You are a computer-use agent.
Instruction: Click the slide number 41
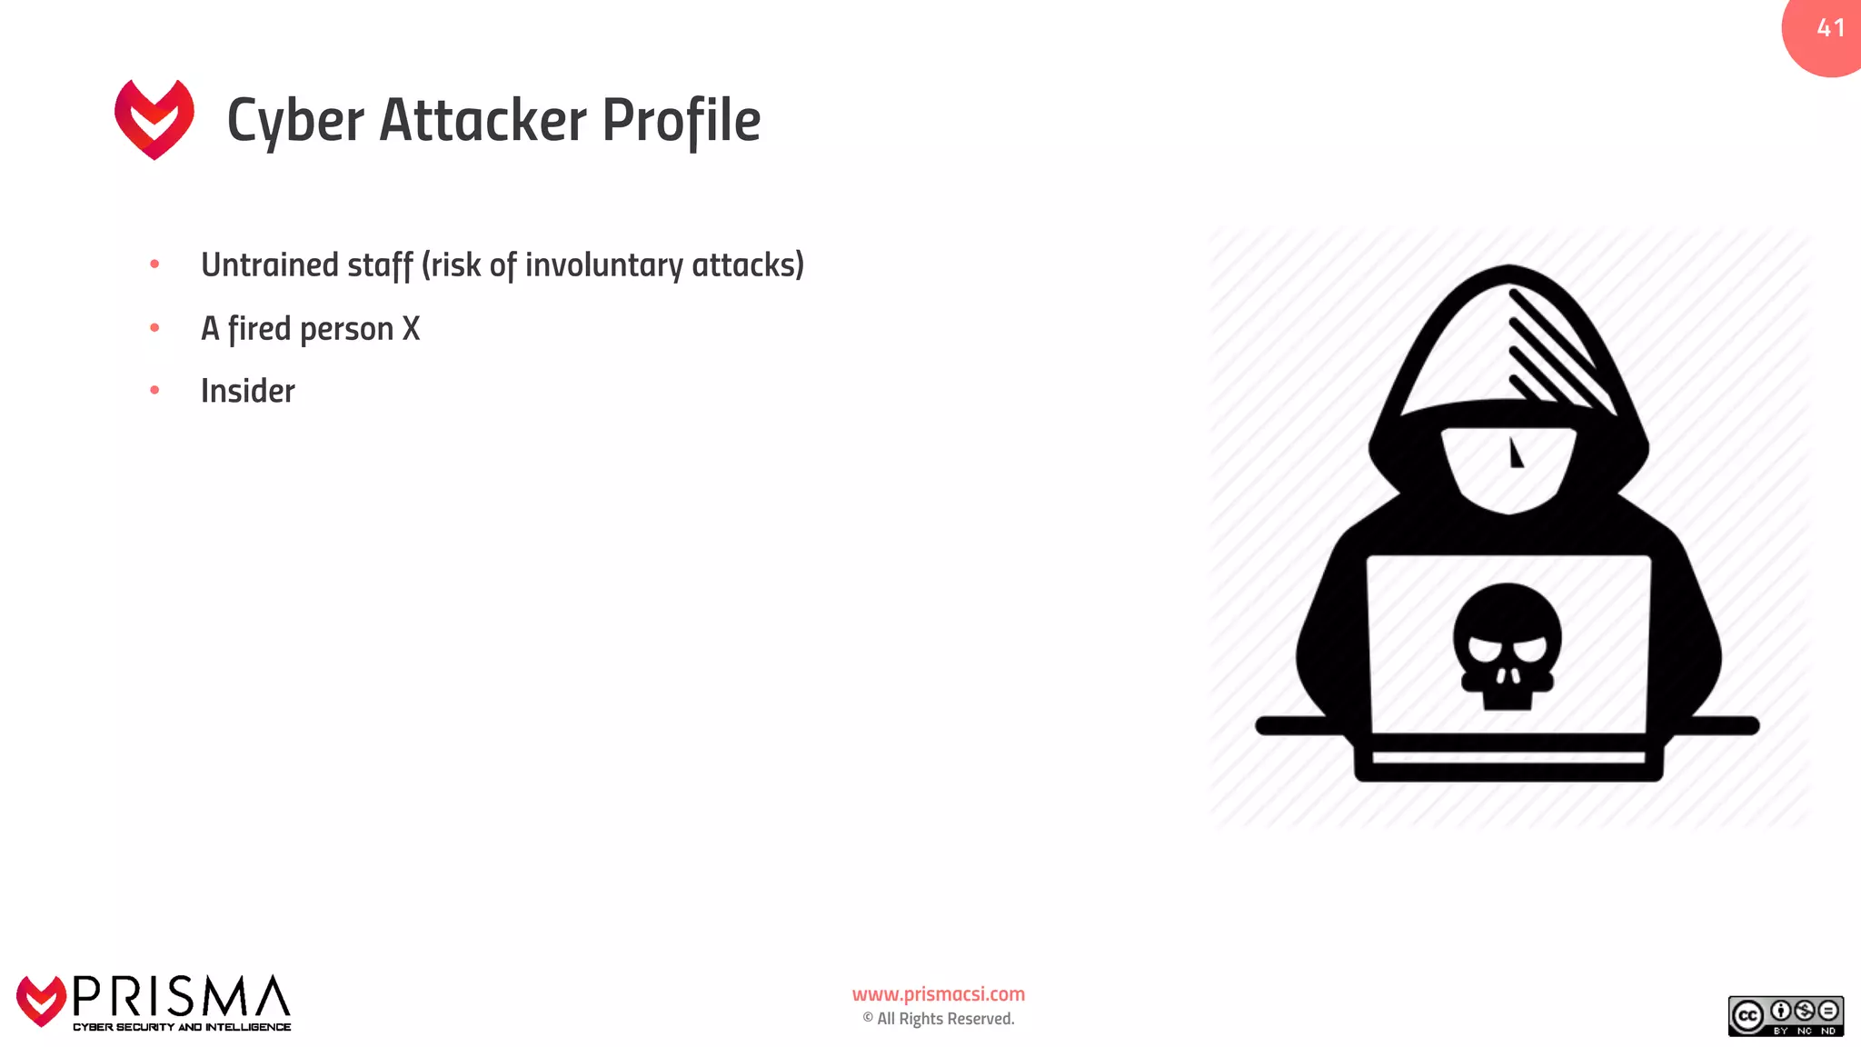(x=1830, y=28)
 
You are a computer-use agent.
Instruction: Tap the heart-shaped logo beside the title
(x=154, y=119)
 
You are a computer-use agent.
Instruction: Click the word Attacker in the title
(x=483, y=120)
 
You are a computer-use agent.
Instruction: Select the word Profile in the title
(x=681, y=120)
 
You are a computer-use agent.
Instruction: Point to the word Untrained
(x=269, y=264)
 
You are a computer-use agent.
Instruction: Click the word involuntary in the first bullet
(x=603, y=265)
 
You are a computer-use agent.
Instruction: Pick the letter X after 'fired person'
(x=411, y=328)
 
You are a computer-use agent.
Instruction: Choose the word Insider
(x=247, y=391)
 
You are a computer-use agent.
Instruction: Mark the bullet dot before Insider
(x=154, y=390)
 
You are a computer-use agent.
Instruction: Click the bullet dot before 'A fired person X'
(x=154, y=327)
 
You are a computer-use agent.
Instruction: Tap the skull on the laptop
(x=1508, y=646)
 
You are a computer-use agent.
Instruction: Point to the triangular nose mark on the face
(x=1515, y=454)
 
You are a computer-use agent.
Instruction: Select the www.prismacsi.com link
(x=938, y=994)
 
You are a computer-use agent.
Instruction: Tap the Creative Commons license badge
(x=1785, y=1016)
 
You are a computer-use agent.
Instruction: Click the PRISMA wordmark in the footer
(x=181, y=997)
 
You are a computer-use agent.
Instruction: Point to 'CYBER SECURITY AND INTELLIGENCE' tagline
(x=182, y=1027)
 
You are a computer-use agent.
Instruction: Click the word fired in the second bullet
(x=259, y=328)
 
